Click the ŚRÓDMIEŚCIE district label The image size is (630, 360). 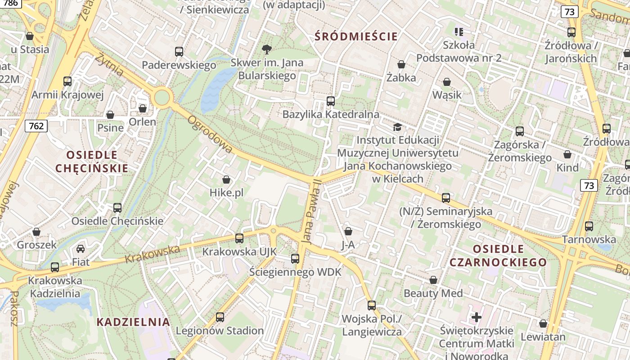pyautogui.click(x=356, y=36)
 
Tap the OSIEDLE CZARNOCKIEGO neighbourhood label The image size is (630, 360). pyautogui.click(x=498, y=256)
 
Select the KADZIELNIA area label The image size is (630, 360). pyautogui.click(x=134, y=322)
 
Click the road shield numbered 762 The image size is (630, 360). pyautogui.click(x=36, y=126)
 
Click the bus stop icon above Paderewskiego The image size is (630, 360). pyautogui.click(x=179, y=52)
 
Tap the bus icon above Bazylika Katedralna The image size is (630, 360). pyautogui.click(x=331, y=101)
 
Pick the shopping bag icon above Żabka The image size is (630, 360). pyautogui.click(x=401, y=65)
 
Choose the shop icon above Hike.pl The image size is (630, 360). pyautogui.click(x=226, y=180)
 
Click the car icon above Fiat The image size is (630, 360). pyautogui.click(x=81, y=249)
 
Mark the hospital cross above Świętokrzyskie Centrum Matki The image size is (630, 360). pyautogui.click(x=477, y=317)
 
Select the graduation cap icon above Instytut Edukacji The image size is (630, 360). pyautogui.click(x=397, y=127)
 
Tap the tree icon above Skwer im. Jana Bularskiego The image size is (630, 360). pyautogui.click(x=267, y=49)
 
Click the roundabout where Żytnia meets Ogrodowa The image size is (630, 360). pyautogui.click(x=162, y=97)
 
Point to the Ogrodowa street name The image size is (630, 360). pyautogui.click(x=210, y=134)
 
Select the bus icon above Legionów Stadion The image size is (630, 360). pyautogui.click(x=220, y=317)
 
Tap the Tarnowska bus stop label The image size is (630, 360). pyautogui.click(x=589, y=239)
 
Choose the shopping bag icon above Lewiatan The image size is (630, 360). pyautogui.click(x=543, y=324)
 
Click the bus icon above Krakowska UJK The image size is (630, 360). pyautogui.click(x=239, y=238)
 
